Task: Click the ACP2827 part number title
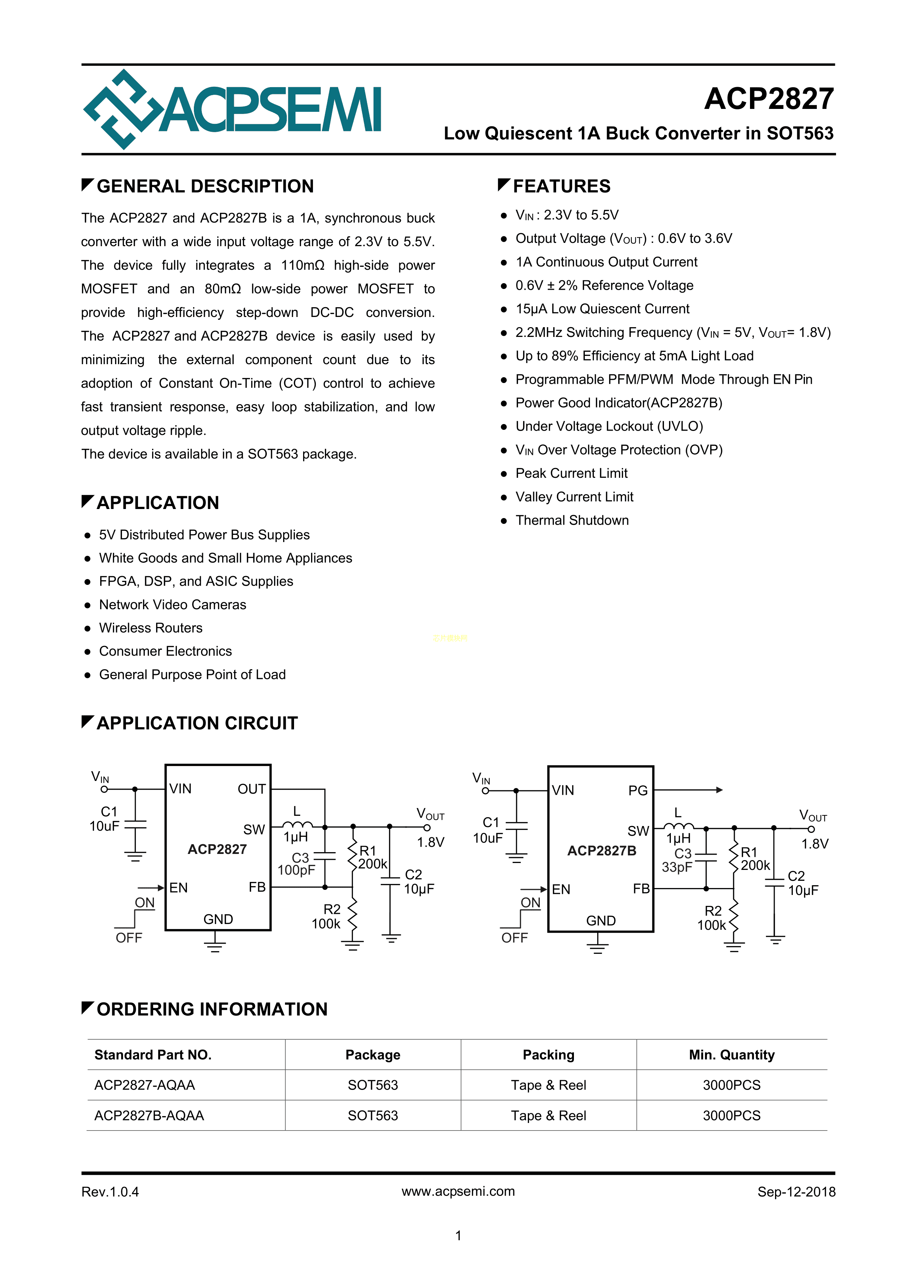pos(768,99)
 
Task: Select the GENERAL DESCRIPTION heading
pos(205,187)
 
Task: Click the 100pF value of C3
pos(296,870)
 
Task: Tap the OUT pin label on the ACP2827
pos(251,789)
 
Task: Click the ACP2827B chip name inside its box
pos(602,851)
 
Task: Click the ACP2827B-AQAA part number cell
pos(149,1115)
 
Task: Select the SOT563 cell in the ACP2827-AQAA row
pos(373,1085)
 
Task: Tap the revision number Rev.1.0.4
pos(110,1192)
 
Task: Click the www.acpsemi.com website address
pos(458,1191)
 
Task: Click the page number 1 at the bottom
pos(458,1236)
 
